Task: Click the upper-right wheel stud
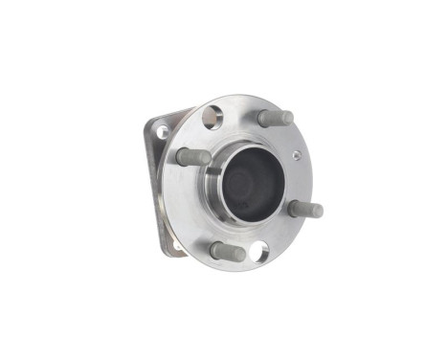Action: (x=275, y=118)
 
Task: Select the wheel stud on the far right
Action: (x=305, y=208)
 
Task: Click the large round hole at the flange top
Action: (x=212, y=118)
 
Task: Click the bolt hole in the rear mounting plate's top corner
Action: (x=162, y=131)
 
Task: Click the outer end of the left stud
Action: (x=181, y=155)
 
